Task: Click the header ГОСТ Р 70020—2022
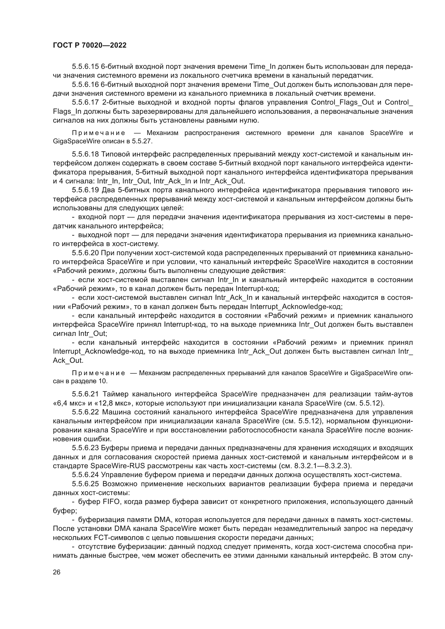point(90,45)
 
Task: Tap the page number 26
point(56,572)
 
